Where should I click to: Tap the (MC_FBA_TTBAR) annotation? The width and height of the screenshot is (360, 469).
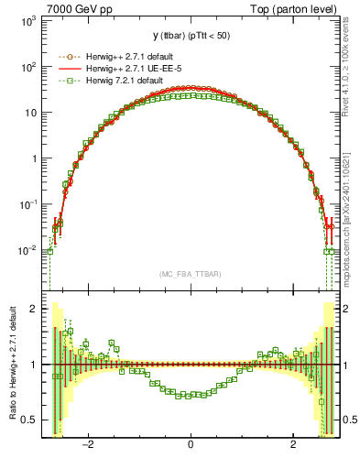click(191, 273)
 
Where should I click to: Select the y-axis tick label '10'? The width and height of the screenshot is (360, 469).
click(31, 113)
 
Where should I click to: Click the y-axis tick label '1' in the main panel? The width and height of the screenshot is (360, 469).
click(35, 158)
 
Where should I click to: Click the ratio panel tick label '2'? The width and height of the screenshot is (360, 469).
click(36, 309)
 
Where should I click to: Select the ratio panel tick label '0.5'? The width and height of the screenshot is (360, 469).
click(31, 420)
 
